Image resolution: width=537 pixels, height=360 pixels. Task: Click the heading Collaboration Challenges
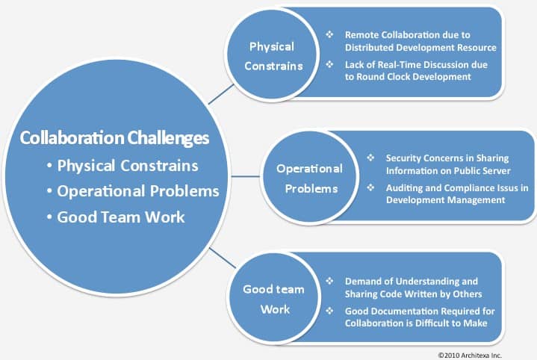point(114,137)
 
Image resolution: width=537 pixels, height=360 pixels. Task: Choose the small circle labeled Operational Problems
point(310,178)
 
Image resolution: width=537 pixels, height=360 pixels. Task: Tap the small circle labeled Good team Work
point(274,299)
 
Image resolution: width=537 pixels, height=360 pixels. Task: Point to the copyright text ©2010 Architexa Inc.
point(470,356)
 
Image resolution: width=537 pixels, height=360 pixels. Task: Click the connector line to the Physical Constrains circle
point(221,94)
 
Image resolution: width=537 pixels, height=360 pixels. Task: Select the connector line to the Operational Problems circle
point(246,177)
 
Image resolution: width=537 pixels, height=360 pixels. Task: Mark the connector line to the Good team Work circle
point(223,258)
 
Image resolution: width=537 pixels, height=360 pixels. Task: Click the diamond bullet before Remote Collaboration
point(329,34)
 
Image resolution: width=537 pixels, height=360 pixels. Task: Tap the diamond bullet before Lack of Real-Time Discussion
point(329,64)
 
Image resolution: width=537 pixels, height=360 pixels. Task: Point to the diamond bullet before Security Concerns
point(370,158)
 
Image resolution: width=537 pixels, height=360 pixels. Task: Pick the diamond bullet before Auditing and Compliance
point(370,187)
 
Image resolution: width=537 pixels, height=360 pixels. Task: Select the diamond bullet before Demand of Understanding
point(329,281)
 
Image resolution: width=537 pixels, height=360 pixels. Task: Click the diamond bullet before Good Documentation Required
point(329,311)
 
